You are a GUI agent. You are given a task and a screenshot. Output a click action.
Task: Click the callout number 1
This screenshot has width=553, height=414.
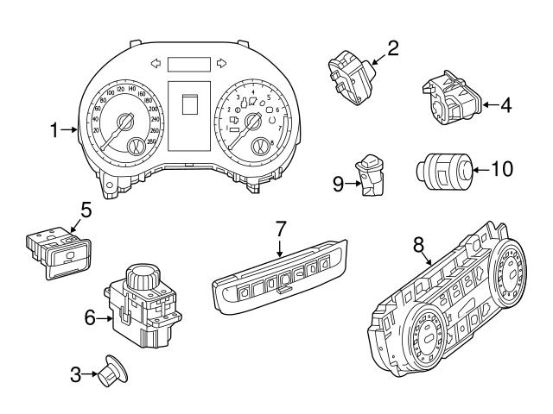point(53,131)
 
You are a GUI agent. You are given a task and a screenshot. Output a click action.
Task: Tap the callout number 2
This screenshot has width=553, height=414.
point(392,48)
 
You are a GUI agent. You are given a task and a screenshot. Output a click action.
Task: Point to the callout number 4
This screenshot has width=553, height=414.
point(505,106)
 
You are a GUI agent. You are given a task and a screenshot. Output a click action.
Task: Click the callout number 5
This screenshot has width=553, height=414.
point(86,210)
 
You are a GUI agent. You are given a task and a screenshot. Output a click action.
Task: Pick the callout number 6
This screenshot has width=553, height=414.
point(89,317)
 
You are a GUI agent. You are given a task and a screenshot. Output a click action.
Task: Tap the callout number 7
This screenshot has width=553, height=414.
point(280,229)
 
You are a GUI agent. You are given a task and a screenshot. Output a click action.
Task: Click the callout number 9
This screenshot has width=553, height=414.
point(339,182)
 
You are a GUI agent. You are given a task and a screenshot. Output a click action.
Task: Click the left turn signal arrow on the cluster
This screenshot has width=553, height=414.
point(156,62)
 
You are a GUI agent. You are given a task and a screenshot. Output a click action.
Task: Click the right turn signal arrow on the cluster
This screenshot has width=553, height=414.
point(221,62)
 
